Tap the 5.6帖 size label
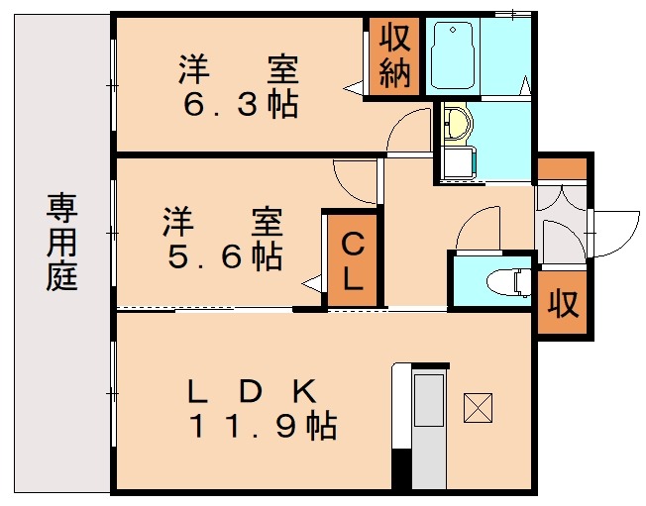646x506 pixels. pos(224,256)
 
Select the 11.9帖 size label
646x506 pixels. pos(263,426)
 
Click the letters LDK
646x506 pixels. pos(253,391)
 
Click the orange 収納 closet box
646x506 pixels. pos(392,58)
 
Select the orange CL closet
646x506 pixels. pos(353,259)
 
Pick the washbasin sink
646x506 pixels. pos(457,125)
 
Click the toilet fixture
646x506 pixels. pos(510,281)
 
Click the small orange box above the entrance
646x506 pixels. pos(562,167)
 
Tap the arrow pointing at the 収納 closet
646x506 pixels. pos(354,89)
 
